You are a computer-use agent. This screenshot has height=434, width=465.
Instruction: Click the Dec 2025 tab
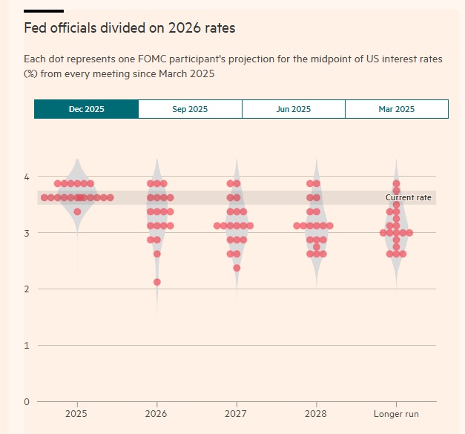(x=86, y=109)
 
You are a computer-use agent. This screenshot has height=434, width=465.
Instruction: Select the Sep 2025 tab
(x=190, y=109)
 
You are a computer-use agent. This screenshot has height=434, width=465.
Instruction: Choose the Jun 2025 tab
(x=293, y=109)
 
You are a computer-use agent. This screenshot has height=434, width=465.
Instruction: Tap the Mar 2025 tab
(x=396, y=109)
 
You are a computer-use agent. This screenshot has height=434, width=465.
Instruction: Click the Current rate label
(x=408, y=197)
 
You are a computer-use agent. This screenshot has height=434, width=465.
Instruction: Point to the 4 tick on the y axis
(x=26, y=177)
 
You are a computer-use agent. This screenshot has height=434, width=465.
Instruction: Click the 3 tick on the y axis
(x=26, y=233)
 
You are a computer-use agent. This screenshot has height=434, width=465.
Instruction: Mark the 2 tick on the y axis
(x=26, y=289)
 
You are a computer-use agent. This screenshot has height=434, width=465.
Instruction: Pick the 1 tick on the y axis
(x=26, y=345)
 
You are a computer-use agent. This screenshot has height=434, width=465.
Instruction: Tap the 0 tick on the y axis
(x=26, y=401)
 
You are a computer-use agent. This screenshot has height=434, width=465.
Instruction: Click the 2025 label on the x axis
(x=77, y=413)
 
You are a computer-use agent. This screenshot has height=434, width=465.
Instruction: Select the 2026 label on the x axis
(x=156, y=413)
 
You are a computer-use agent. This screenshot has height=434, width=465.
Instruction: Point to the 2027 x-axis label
(x=237, y=413)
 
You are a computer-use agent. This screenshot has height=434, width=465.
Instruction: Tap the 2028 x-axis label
(x=317, y=413)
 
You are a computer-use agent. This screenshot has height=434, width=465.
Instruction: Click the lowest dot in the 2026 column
(x=157, y=282)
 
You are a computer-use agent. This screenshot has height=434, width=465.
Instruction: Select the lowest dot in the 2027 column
(x=237, y=268)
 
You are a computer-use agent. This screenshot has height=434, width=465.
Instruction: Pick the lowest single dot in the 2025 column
(x=77, y=211)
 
